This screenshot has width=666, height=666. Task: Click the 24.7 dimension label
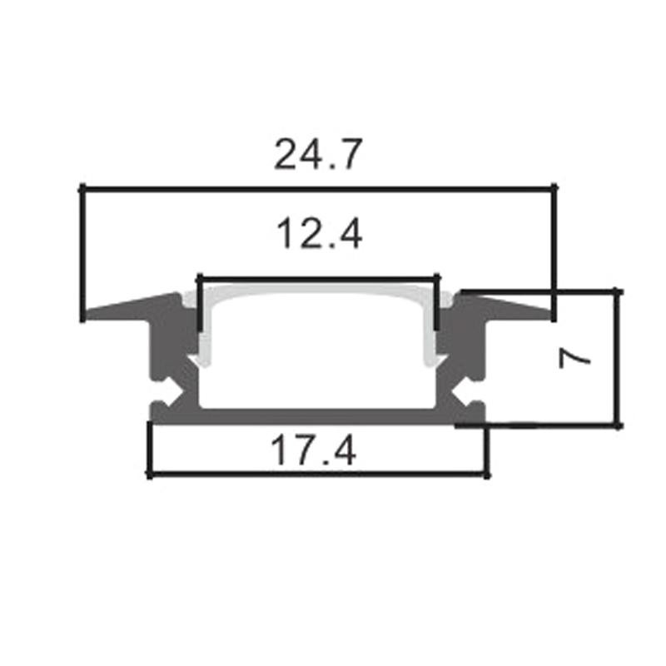pos(318,155)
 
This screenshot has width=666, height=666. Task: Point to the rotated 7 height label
pos(574,357)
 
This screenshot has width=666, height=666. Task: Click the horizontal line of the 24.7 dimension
pos(318,188)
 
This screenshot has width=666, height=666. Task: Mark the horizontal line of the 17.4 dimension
pos(316,475)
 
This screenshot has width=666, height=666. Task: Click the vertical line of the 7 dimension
pos(618,358)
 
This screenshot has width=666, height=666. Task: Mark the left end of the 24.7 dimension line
pos(82,188)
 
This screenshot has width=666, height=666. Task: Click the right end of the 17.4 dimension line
pos(486,475)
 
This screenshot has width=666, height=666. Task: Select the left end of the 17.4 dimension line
pos(149,475)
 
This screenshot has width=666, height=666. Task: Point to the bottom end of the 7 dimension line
pos(618,426)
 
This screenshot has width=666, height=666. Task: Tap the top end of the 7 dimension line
pos(618,291)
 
